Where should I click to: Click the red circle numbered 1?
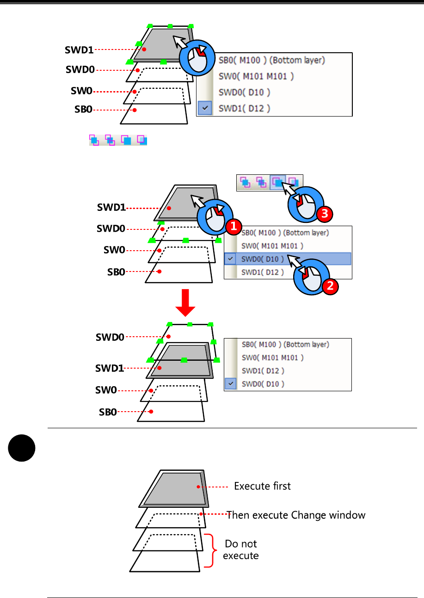[234, 226]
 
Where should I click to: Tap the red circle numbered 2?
[329, 286]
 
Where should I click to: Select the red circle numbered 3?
[324, 214]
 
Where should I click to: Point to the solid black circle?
[22, 448]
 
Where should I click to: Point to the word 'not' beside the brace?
[249, 543]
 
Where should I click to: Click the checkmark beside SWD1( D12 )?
[205, 108]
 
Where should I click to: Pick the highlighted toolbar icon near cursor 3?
[277, 182]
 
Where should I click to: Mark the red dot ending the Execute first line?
[198, 487]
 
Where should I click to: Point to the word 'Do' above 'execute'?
[232, 543]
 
